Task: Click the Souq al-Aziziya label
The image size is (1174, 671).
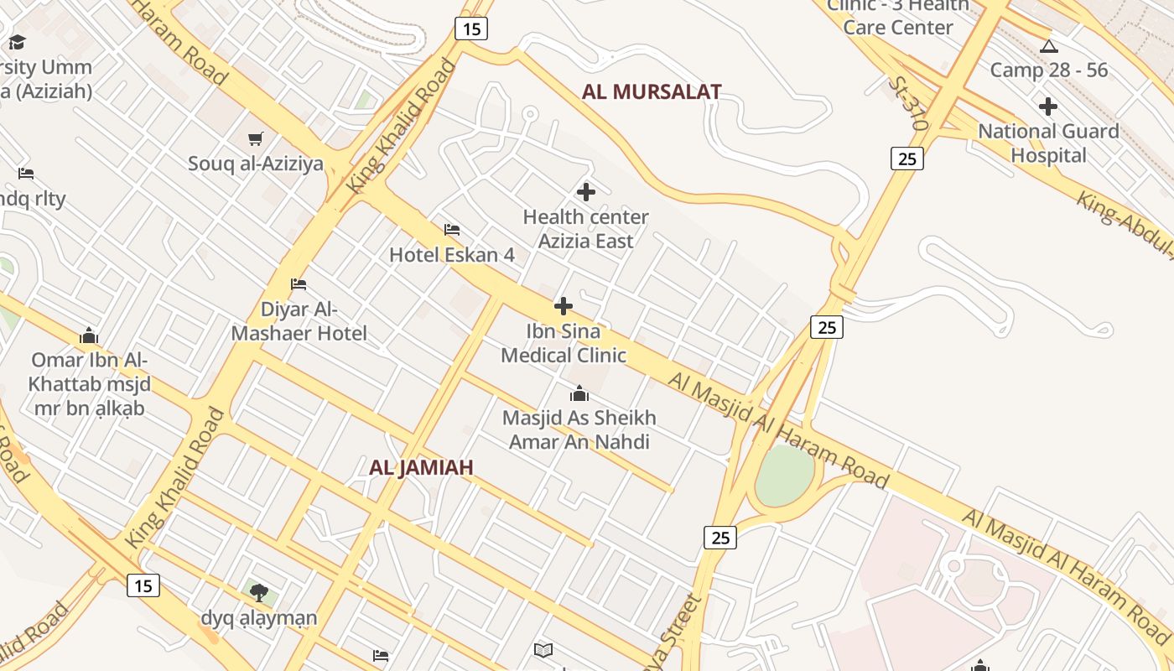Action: (x=255, y=164)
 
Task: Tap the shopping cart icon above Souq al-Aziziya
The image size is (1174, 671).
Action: (x=255, y=138)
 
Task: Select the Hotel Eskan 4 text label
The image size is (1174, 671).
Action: (x=451, y=255)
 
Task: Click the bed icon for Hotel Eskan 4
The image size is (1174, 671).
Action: (x=452, y=229)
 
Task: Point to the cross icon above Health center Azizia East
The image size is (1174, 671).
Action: (x=585, y=192)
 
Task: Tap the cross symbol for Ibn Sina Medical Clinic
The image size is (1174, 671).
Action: (x=564, y=306)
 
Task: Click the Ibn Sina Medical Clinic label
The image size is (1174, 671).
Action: (x=564, y=343)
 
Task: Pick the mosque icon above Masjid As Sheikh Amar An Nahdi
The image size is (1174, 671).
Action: (x=579, y=393)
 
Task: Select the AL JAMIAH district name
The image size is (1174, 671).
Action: (x=421, y=468)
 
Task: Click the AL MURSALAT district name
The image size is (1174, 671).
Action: (x=652, y=92)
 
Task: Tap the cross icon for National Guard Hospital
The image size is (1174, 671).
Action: (x=1047, y=107)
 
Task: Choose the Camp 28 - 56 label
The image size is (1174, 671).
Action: (x=1048, y=70)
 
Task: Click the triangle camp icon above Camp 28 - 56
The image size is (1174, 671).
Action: (x=1048, y=47)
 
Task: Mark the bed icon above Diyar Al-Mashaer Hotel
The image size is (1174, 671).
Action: (x=299, y=284)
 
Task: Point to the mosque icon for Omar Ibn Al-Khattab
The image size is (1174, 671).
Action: (x=89, y=336)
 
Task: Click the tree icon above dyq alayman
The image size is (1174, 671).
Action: (x=259, y=593)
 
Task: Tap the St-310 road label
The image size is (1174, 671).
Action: (x=908, y=103)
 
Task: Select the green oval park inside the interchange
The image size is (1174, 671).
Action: (x=785, y=476)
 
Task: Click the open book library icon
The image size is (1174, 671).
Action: (x=543, y=649)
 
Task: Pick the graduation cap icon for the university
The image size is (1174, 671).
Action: (x=17, y=42)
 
